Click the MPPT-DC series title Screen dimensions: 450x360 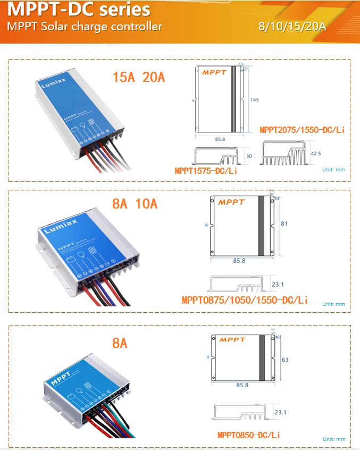[x=78, y=10]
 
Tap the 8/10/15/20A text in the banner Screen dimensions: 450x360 [x=291, y=26]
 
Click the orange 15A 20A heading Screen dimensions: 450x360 [x=139, y=77]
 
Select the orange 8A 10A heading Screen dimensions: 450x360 [x=135, y=203]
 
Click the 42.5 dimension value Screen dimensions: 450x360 [x=316, y=153]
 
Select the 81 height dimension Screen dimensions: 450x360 [x=284, y=224]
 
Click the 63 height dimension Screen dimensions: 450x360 [x=285, y=360]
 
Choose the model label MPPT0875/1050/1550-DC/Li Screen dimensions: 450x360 [x=245, y=300]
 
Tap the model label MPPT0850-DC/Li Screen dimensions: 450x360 [x=249, y=435]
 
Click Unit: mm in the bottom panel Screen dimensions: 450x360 [x=334, y=439]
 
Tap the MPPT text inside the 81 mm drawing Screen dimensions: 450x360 [x=231, y=202]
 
